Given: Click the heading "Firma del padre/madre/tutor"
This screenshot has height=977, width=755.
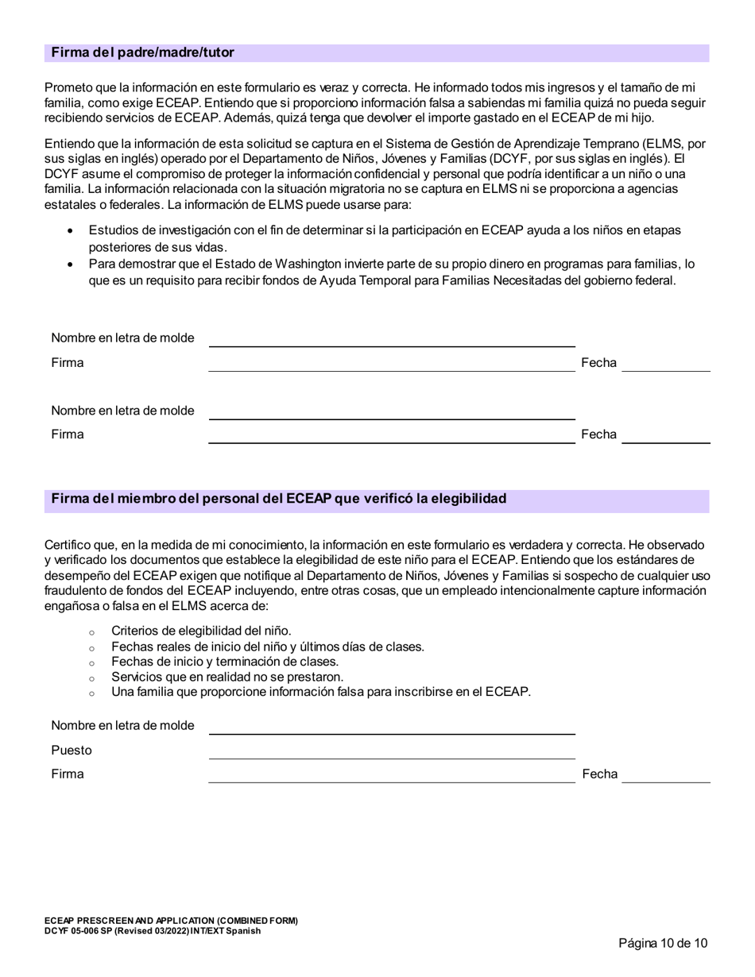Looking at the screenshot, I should point(143,53).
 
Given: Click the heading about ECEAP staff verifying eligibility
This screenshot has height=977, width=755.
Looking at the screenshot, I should point(278,499).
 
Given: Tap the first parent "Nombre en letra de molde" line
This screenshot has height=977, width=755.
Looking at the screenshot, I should point(391,340).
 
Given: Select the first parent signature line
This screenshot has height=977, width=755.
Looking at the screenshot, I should point(391,365).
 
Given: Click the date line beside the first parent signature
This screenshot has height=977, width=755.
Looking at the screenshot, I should point(665,365).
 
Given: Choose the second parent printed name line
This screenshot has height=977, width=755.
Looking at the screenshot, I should point(391,412).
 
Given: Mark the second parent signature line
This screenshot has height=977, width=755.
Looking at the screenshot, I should point(391,436).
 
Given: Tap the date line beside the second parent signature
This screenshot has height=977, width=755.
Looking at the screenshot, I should point(665,436).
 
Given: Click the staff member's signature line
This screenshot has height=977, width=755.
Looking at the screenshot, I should point(391,776).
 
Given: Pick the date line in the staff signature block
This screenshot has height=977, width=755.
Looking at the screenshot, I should point(665,776).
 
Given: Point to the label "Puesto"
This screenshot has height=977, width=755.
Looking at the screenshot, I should point(72,751).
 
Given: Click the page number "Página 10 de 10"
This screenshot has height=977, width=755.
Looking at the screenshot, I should point(663,944).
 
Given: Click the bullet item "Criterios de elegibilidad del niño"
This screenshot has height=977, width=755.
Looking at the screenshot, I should point(201,631).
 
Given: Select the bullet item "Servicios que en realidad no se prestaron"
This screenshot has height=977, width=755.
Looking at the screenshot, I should point(227,677).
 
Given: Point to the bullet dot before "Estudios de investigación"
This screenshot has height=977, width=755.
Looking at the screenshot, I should point(71,231).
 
